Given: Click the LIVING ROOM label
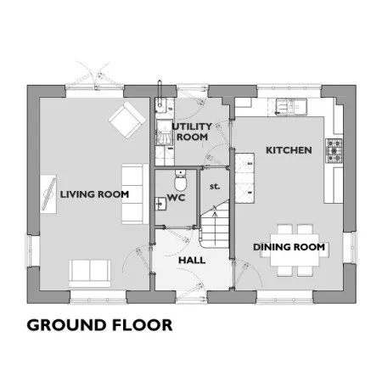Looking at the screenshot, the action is (94, 194).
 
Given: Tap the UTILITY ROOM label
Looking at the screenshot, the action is (192, 132).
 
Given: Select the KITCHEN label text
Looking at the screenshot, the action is (289, 150).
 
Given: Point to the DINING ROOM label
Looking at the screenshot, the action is (289, 247).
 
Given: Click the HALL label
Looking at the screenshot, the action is (192, 260).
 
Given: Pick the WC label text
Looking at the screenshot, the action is (176, 198).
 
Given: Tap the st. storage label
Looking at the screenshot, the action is (215, 187).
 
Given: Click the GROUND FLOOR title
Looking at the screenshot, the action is (99, 325).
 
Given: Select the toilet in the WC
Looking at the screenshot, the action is (180, 181).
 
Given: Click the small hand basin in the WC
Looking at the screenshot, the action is (160, 204).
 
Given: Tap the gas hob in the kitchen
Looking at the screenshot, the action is (334, 151).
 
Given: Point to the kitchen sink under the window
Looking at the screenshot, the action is (291, 106).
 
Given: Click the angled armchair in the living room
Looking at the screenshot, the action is (127, 121).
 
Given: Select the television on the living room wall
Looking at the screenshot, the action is (48, 194).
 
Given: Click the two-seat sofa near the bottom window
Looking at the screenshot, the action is (90, 273).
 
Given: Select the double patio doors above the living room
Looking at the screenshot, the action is (95, 76).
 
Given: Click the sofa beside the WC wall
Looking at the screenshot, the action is (135, 194).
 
